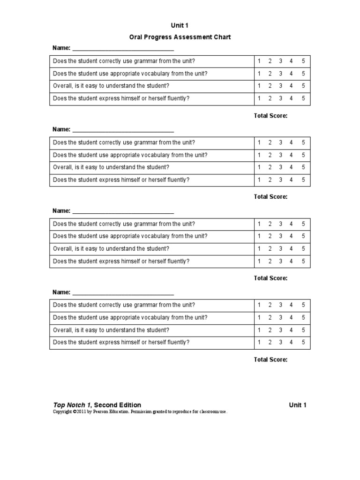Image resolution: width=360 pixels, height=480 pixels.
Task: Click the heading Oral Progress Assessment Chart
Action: [x=180, y=37]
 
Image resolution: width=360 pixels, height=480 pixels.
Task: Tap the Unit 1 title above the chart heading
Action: [x=180, y=25]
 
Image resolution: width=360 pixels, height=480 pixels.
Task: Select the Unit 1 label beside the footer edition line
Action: [x=298, y=405]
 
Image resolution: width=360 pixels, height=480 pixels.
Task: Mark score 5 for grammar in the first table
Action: [x=303, y=61]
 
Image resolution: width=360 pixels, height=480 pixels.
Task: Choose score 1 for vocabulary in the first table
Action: [x=259, y=74]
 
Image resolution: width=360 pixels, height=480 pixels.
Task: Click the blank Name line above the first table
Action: [x=123, y=48]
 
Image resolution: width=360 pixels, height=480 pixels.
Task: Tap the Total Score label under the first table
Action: [x=270, y=115]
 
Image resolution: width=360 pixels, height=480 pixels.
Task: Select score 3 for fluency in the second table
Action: [x=280, y=180]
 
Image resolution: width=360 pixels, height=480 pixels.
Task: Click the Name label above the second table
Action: [x=61, y=129]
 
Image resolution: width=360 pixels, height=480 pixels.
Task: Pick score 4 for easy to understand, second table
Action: [x=291, y=167]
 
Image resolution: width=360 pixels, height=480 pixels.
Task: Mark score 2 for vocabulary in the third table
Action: [x=270, y=236]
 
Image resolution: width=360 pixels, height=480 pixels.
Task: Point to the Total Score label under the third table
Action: [x=270, y=278]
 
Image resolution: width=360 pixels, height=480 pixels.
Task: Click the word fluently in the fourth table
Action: [x=178, y=342]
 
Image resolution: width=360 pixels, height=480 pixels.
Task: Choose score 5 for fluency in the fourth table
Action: [x=303, y=342]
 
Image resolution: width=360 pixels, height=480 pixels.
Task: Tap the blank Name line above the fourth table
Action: [x=123, y=292]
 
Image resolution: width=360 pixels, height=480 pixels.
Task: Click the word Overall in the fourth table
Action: [x=62, y=330]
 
